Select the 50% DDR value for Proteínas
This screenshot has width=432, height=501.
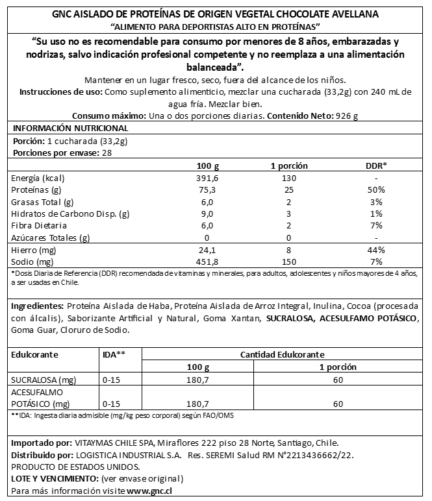376,190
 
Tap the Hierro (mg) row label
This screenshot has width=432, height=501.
34,250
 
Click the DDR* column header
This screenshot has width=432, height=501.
376,165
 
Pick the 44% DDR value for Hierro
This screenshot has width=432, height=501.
376,250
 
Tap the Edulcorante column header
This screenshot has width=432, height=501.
35,354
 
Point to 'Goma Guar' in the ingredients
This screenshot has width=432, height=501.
32,330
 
